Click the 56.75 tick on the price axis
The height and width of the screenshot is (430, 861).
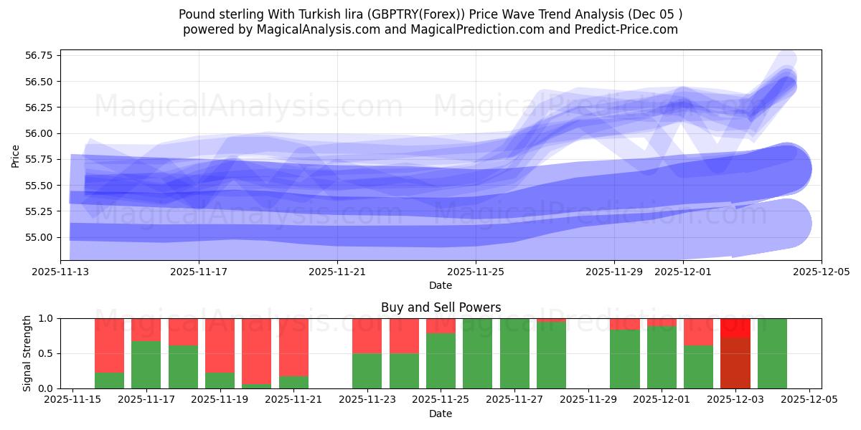40,56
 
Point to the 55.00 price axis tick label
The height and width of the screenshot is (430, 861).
40,237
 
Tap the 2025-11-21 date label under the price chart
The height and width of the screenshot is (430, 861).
337,272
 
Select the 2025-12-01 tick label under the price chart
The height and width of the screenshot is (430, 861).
683,272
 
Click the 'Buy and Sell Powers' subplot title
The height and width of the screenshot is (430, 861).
441,307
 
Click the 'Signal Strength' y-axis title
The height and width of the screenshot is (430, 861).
27,353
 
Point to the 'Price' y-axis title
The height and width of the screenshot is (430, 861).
16,156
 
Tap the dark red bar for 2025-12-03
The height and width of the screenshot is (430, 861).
735,363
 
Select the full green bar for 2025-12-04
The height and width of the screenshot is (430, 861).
772,353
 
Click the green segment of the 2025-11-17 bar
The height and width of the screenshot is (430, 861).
146,365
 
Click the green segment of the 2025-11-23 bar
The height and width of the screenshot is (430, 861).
367,371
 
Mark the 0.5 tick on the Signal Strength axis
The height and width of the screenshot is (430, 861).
47,353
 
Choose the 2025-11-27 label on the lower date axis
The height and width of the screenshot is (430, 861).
514,399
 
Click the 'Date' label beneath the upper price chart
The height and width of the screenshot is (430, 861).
441,285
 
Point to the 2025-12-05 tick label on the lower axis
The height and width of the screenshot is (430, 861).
809,399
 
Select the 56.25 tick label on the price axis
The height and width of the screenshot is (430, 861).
40,107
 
